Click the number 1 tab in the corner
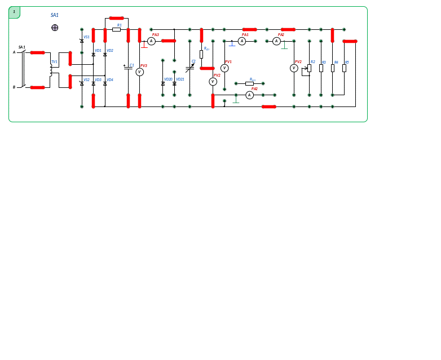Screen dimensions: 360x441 [x=14, y=12]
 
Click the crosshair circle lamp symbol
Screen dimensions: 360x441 [x=55, y=28]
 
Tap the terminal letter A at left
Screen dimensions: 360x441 [x=15, y=52]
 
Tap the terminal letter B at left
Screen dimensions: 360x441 [x=15, y=87]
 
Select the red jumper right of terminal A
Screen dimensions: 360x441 [x=37, y=52]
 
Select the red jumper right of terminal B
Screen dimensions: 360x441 [x=37, y=87]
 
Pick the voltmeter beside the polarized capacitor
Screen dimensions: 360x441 [x=140, y=72]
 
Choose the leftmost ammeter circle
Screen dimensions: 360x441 [x=151, y=41]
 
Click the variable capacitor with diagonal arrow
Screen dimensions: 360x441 [x=190, y=68]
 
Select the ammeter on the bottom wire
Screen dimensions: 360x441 [x=249, y=95]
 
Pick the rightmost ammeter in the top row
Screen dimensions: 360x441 [x=276, y=41]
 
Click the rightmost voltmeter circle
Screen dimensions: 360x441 [x=294, y=68]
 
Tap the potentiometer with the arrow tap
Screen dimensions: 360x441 [x=309, y=68]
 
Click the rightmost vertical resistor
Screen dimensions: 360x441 [x=344, y=68]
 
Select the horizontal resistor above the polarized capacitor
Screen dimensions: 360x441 [x=117, y=29]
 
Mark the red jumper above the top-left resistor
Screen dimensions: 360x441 [x=117, y=18]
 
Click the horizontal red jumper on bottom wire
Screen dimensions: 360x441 [x=268, y=106]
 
